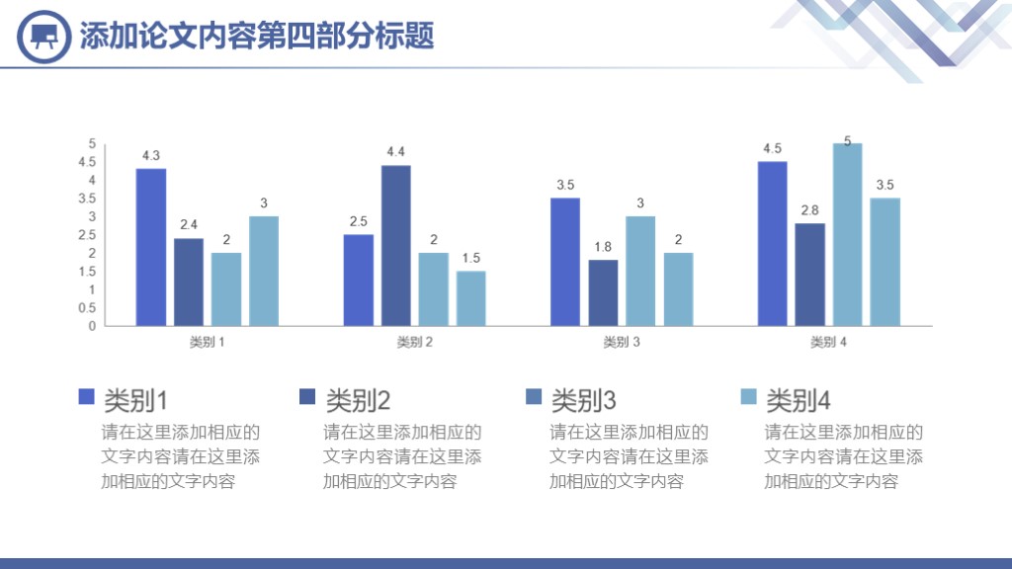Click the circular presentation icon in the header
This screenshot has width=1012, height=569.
pyautogui.click(x=44, y=37)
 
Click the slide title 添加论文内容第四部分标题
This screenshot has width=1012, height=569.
pyautogui.click(x=257, y=37)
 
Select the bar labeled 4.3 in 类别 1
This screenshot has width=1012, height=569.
pyautogui.click(x=151, y=247)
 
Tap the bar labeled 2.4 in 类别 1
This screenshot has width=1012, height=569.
pyautogui.click(x=189, y=282)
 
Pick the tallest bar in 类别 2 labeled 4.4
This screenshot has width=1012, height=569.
pyautogui.click(x=396, y=245)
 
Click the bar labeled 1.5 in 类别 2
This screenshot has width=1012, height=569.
pyautogui.click(x=471, y=298)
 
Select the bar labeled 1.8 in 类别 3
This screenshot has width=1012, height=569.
pyautogui.click(x=603, y=292)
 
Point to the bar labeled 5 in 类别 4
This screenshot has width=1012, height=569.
pyautogui.click(x=847, y=234)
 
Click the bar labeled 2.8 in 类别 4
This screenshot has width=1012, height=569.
pyautogui.click(x=809, y=275)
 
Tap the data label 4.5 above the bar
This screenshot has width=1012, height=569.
pyautogui.click(x=772, y=149)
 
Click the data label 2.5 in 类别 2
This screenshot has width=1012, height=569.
pyautogui.click(x=359, y=221)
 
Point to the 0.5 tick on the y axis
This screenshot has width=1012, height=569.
pyautogui.click(x=88, y=307)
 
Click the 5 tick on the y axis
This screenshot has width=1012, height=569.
pyautogui.click(x=92, y=143)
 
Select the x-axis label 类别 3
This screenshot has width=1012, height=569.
pyautogui.click(x=622, y=342)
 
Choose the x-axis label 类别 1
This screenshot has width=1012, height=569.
pyautogui.click(x=208, y=342)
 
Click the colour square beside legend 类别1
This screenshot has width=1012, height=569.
pyautogui.click(x=86, y=397)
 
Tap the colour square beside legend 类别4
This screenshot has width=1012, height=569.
pyautogui.click(x=748, y=397)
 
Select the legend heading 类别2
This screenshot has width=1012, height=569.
pyautogui.click(x=358, y=400)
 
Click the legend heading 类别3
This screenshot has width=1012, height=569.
pyautogui.click(x=583, y=400)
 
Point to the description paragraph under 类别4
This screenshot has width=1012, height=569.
pyautogui.click(x=844, y=456)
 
